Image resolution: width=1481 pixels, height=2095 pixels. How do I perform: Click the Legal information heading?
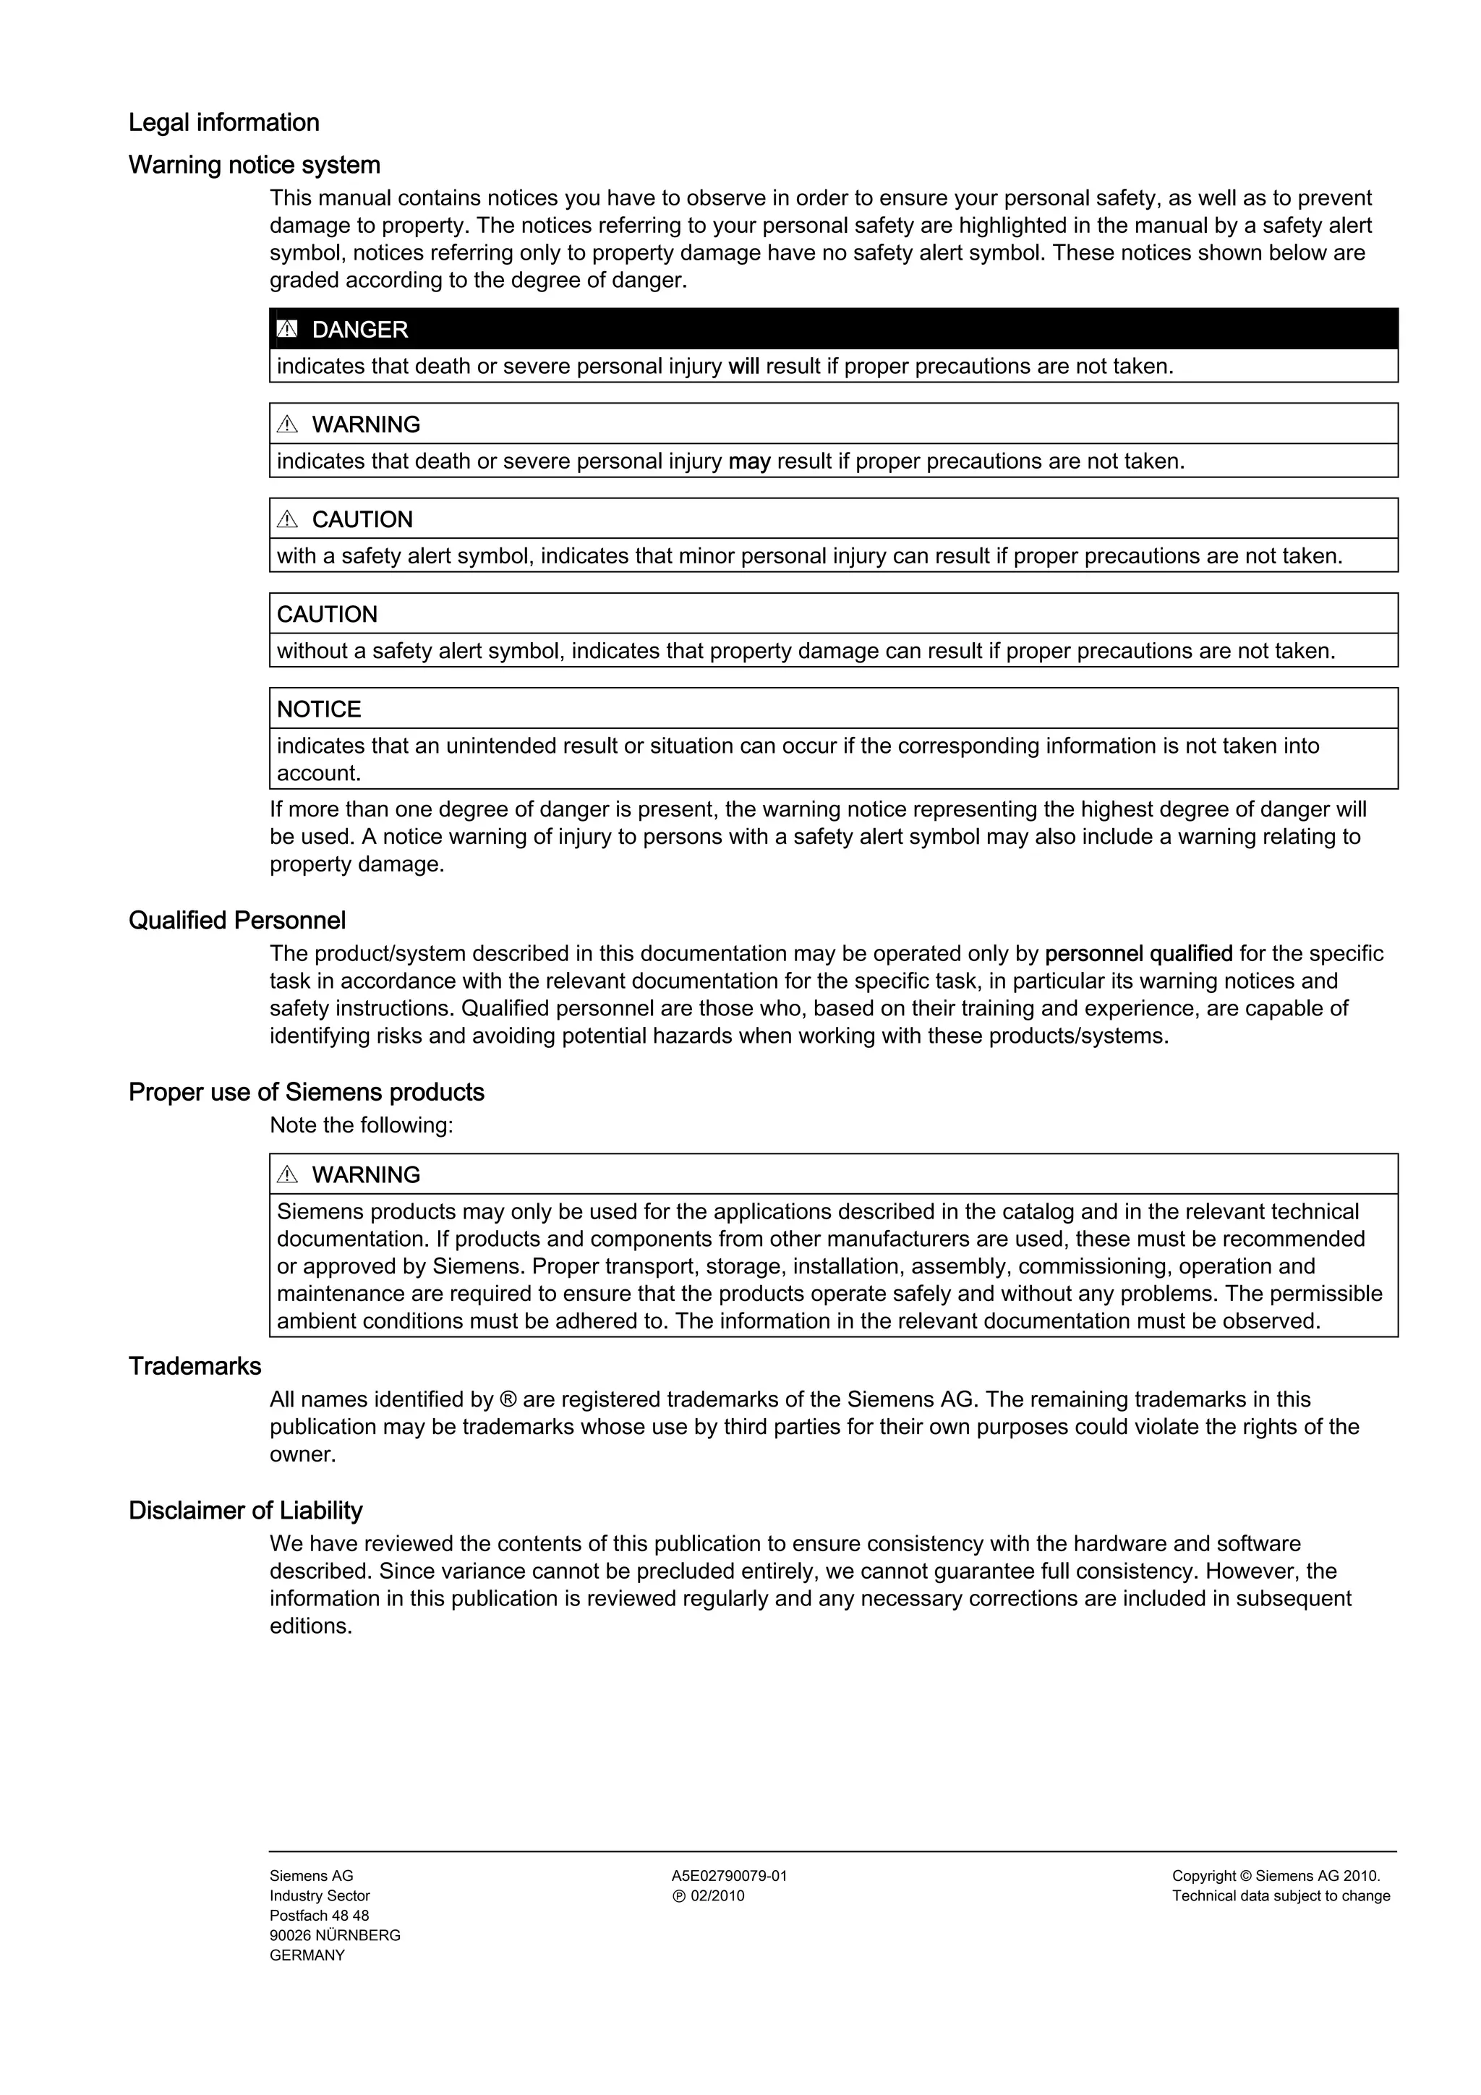[223, 122]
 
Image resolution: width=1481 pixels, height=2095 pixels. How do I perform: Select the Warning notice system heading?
[254, 165]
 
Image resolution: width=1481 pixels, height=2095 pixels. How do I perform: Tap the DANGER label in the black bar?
[359, 329]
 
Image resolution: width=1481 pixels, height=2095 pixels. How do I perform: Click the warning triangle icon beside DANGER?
[287, 329]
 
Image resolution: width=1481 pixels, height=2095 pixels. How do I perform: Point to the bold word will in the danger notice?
[743, 367]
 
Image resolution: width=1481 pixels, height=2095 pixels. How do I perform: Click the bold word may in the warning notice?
[749, 461]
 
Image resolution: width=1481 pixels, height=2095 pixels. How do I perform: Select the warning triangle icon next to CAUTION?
[287, 519]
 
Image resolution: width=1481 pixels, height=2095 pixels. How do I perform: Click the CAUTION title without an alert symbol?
[327, 614]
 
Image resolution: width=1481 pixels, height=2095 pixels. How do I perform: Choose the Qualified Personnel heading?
[237, 921]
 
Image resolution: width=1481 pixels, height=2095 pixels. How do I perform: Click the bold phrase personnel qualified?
[1138, 954]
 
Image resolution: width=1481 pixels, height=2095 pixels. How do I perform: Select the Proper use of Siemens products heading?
[306, 1092]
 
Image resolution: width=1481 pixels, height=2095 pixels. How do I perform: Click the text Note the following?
[362, 1125]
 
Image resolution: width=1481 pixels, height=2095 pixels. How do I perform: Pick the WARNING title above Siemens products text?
[366, 1174]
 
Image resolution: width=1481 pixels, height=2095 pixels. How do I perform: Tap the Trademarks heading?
[195, 1366]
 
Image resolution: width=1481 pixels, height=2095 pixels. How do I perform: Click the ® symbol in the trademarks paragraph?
[508, 1400]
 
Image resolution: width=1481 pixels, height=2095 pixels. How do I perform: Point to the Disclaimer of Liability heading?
[245, 1510]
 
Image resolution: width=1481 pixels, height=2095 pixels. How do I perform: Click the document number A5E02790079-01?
[729, 1876]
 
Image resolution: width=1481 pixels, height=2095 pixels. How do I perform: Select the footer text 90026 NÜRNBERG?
[335, 1935]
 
